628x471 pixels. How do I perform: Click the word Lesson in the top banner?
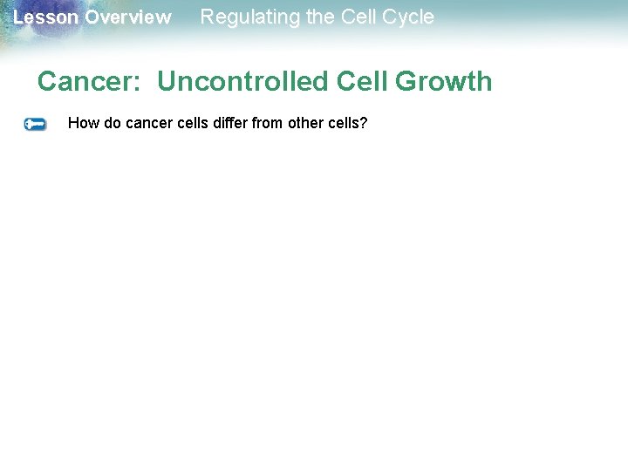(x=45, y=17)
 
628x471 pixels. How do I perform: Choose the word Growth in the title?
(x=445, y=82)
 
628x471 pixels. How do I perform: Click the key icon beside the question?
(x=35, y=125)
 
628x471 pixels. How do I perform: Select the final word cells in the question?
(x=344, y=123)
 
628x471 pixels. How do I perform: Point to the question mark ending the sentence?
(x=364, y=123)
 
